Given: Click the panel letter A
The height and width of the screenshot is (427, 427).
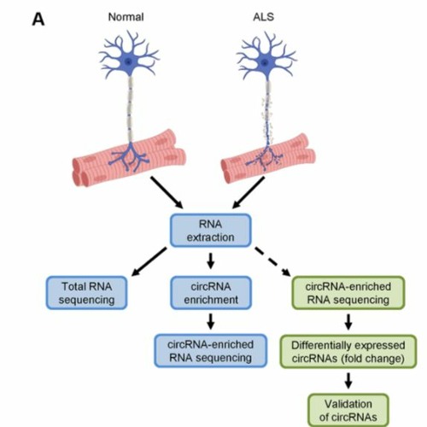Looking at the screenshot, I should pyautogui.click(x=38, y=18).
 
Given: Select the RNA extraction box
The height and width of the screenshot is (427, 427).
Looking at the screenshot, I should pyautogui.click(x=210, y=230).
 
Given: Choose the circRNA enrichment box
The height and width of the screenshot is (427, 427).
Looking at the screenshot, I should pyautogui.click(x=209, y=292).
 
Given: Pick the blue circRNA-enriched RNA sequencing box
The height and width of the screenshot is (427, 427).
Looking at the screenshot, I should pyautogui.click(x=209, y=350).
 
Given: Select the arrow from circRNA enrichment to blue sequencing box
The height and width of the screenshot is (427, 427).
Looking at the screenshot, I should pyautogui.click(x=209, y=322).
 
